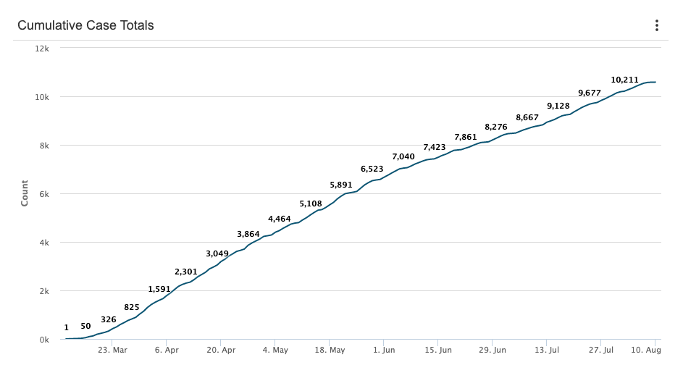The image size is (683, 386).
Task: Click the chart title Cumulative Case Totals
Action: [85, 25]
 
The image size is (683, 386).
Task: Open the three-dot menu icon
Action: [657, 25]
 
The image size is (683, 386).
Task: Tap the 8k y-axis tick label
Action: [44, 146]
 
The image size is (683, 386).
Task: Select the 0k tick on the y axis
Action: [44, 340]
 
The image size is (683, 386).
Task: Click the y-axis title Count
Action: [25, 194]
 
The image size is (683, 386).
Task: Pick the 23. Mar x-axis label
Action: [112, 350]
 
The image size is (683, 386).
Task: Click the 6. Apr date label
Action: [167, 350]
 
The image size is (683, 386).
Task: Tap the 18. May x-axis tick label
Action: [330, 350]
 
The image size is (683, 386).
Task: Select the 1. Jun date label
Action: [384, 350]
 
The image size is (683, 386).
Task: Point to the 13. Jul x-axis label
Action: [547, 350]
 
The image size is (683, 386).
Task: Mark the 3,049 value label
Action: [217, 253]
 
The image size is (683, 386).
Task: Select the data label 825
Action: [132, 307]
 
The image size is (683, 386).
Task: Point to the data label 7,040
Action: [403, 156]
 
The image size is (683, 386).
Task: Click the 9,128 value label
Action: [558, 106]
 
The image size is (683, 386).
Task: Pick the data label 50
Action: [85, 327]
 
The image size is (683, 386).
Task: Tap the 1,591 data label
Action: [159, 289]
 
